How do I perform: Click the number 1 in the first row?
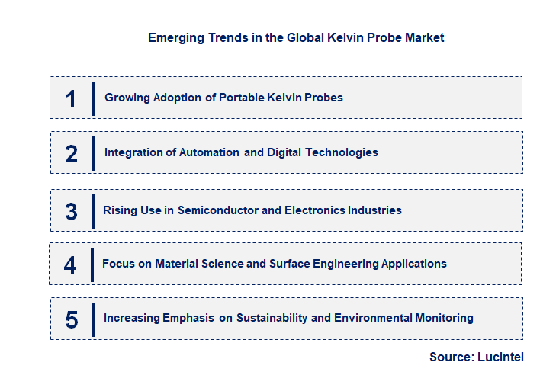[x=71, y=98]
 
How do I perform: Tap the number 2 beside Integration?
[x=72, y=153]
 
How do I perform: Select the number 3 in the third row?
[x=72, y=211]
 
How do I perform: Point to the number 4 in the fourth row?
[x=70, y=264]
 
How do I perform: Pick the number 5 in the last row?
[x=72, y=319]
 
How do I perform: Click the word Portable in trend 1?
[x=243, y=98]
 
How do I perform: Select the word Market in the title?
[x=425, y=37]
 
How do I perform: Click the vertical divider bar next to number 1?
[x=92, y=98]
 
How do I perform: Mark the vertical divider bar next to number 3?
[x=93, y=211]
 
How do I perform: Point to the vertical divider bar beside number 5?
[x=92, y=319]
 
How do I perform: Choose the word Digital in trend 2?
[x=284, y=152]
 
